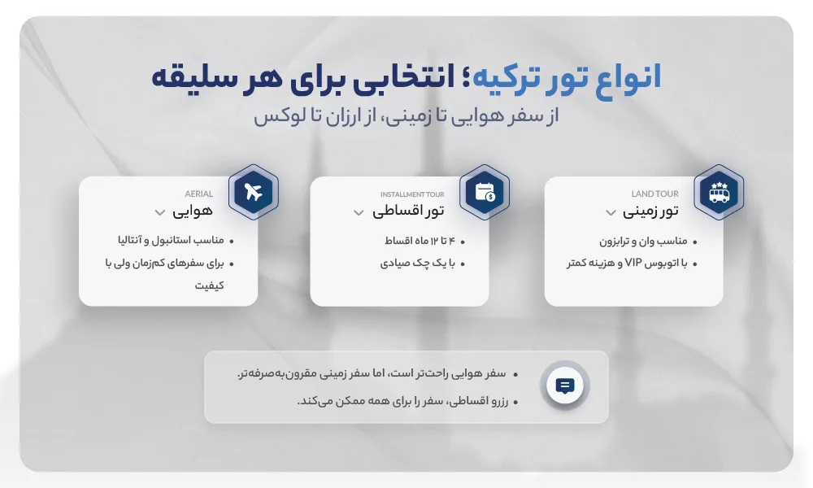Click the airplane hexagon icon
(x=254, y=192)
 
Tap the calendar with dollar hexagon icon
(x=485, y=192)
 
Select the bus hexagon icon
(x=720, y=192)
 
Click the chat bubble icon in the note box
(x=565, y=386)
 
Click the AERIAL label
(x=198, y=194)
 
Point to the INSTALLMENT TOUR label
(x=412, y=194)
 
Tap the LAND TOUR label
(x=654, y=194)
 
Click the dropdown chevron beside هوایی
(x=160, y=212)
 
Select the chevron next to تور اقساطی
(x=359, y=212)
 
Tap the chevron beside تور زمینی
(x=611, y=212)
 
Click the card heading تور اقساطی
(x=408, y=211)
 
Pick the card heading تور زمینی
(x=650, y=211)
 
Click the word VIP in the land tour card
(x=633, y=263)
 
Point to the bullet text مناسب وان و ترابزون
(x=643, y=241)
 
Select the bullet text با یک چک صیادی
(x=417, y=264)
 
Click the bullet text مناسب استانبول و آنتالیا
(x=171, y=241)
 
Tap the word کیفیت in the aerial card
(x=210, y=285)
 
